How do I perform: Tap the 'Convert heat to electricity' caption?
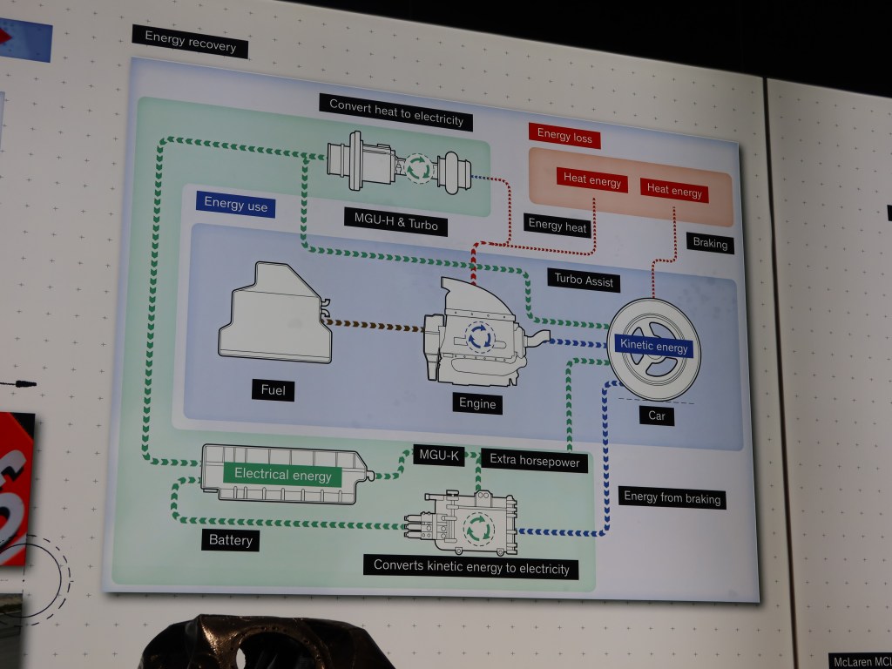point(396,111)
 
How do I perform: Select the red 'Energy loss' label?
point(564,135)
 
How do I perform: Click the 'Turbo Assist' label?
point(585,281)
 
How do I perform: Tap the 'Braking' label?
point(709,244)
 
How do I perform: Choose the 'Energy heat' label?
point(558,225)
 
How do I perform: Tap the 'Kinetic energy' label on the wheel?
point(653,346)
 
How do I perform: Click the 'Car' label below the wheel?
point(657,416)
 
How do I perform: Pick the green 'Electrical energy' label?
point(282,475)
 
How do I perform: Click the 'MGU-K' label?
point(438,455)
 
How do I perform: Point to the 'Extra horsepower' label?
point(534,462)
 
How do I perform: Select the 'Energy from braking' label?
point(672,498)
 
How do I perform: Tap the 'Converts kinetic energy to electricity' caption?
point(471,567)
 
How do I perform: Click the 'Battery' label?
point(231,540)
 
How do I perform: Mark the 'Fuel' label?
point(273,390)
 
